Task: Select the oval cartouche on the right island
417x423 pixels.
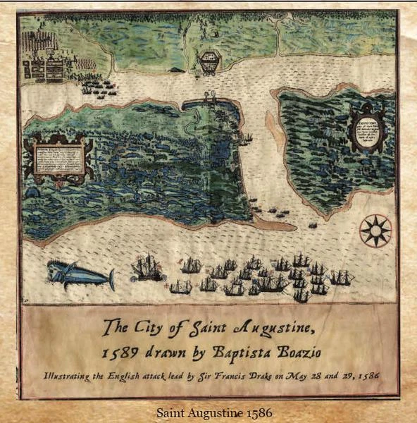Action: pyautogui.click(x=367, y=129)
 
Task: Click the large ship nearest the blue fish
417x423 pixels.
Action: pyautogui.click(x=148, y=268)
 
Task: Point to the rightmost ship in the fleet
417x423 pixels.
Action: pyautogui.click(x=342, y=277)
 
